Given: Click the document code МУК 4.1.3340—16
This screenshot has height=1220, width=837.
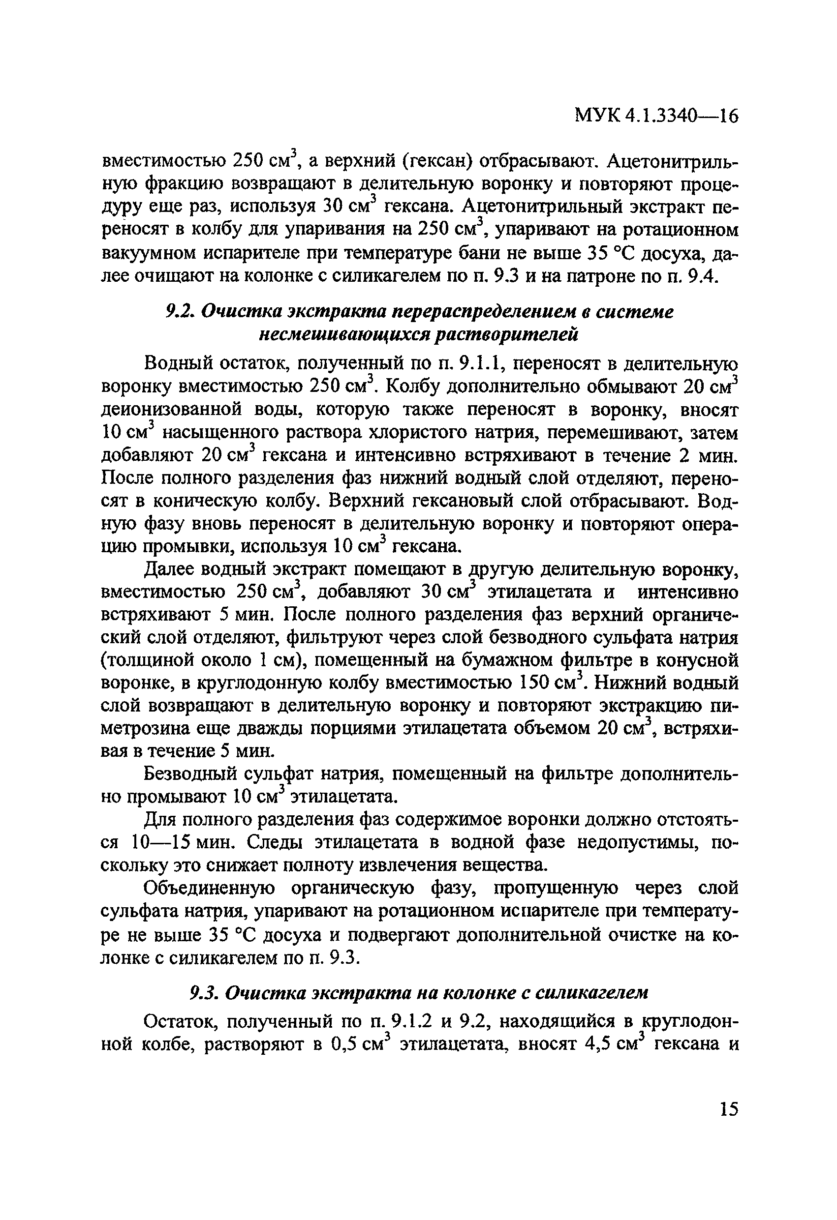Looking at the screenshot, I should pyautogui.click(x=656, y=115).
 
